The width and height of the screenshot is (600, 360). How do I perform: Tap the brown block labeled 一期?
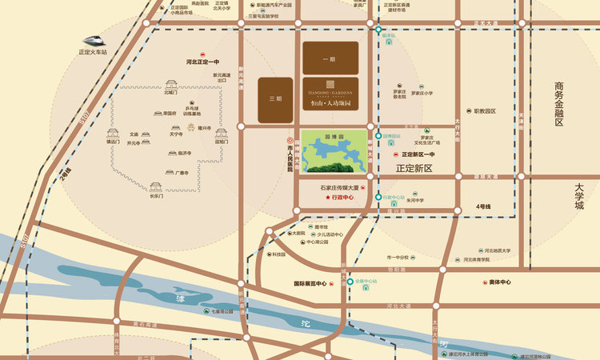[x=330, y=58]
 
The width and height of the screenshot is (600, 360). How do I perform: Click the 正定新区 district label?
[x=414, y=169]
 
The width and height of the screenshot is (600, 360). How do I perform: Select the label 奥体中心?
[x=499, y=282]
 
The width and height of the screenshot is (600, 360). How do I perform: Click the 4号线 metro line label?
[x=482, y=206]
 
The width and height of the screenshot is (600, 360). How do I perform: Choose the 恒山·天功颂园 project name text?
[x=330, y=104]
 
